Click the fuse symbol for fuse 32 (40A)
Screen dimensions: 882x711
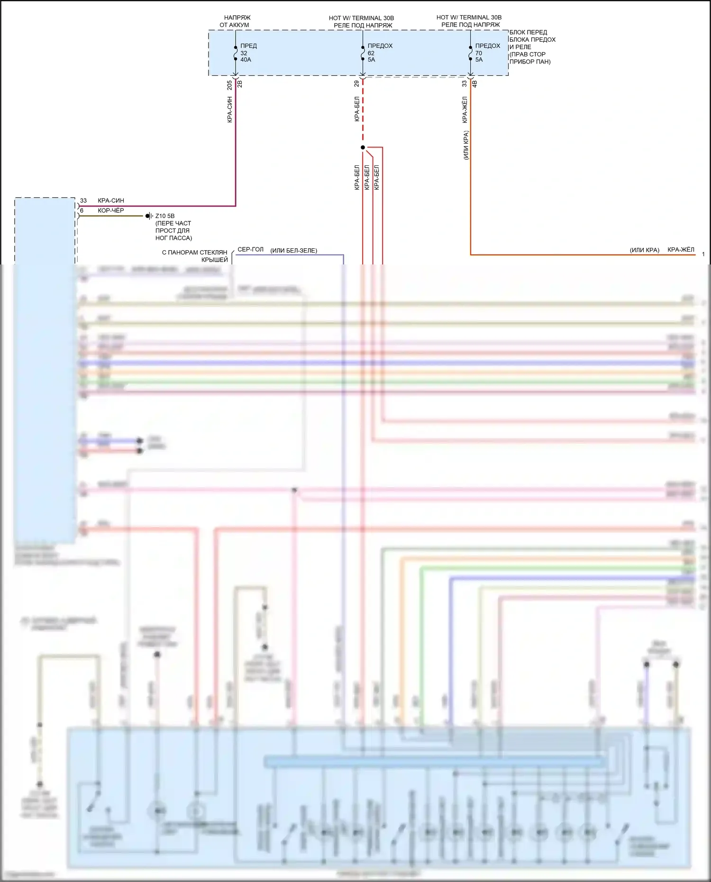(235, 53)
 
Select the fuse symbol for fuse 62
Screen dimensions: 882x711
(363, 53)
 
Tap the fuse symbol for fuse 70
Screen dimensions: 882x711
(470, 53)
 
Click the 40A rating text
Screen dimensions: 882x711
(246, 60)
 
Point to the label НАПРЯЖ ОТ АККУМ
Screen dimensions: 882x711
(235, 21)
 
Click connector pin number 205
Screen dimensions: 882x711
(229, 85)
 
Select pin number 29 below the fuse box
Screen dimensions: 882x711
(356, 83)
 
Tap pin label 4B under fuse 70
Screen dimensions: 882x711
(475, 84)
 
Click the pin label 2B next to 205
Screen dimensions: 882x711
(240, 84)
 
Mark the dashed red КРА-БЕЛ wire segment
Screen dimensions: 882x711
(363, 111)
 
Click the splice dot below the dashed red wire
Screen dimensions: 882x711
(363, 147)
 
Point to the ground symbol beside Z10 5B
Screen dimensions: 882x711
(148, 216)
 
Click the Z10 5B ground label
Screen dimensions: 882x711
(165, 216)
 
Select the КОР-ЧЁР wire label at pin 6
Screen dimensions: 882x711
(111, 210)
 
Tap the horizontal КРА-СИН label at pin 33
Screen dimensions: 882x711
(111, 200)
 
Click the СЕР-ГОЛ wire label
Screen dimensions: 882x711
(250, 249)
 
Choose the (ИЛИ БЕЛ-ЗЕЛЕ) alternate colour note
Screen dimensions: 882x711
(294, 250)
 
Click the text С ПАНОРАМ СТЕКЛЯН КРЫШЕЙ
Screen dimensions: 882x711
(195, 256)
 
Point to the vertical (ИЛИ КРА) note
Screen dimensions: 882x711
(466, 145)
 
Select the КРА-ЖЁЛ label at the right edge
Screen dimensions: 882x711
(681, 249)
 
